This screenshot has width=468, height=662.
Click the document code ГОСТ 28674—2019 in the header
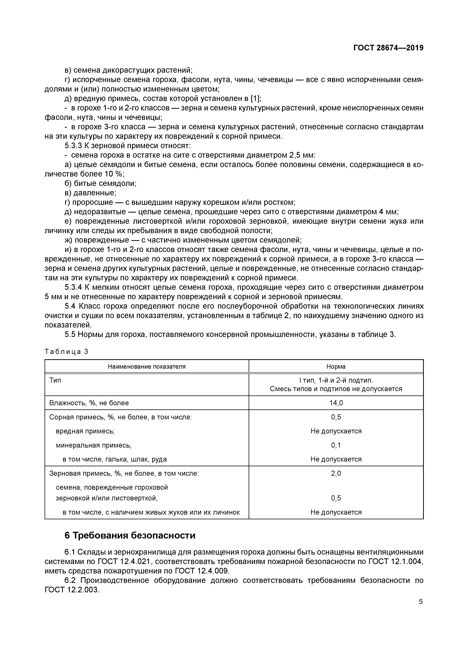click(x=388, y=48)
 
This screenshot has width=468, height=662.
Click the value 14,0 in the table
click(x=336, y=403)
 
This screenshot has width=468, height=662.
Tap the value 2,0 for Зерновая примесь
click(x=336, y=473)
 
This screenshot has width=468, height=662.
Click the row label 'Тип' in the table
click(x=55, y=380)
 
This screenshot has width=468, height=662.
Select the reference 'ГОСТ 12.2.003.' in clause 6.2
click(x=72, y=590)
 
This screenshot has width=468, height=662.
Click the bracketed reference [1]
click(x=255, y=99)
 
